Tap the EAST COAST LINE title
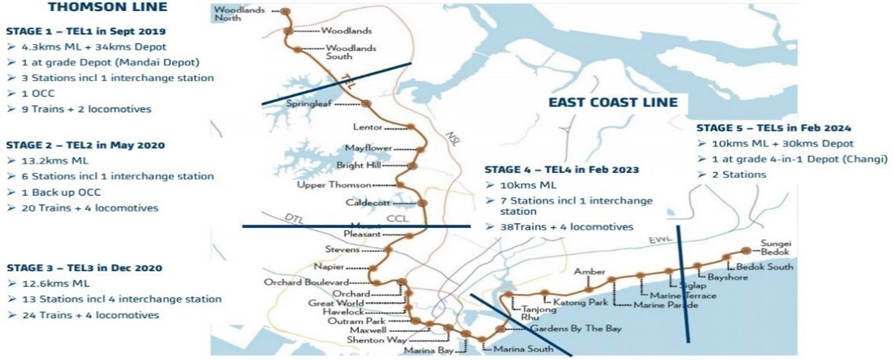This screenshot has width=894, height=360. (x=612, y=103)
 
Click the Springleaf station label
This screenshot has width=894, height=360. (x=310, y=103)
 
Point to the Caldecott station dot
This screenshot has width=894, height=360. (x=422, y=203)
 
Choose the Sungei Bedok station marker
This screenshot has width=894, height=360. (x=746, y=252)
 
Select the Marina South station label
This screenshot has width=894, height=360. (x=518, y=348)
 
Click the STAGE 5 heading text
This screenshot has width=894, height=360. (x=774, y=127)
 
